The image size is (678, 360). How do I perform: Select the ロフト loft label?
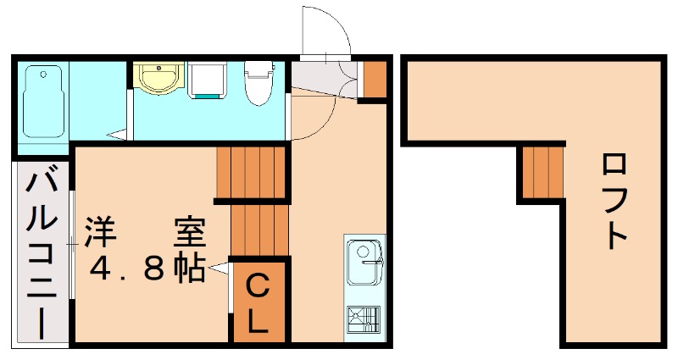point(616,200)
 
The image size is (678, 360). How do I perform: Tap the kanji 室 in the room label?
point(189,231)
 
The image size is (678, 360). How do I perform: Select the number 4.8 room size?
point(127,269)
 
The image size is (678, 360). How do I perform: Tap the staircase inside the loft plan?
point(542,173)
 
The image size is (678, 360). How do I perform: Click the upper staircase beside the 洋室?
point(253,173)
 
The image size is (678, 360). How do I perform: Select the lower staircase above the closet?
point(260,229)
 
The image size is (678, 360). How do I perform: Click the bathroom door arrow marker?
point(118,133)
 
